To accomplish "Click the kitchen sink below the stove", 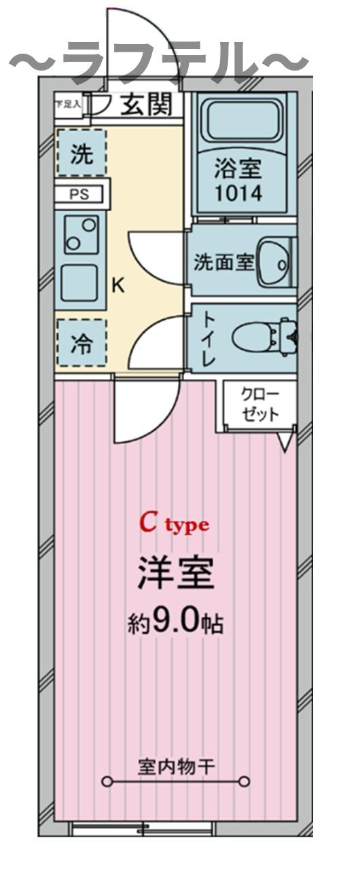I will pos(80,281).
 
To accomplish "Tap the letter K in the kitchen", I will pos(118,285).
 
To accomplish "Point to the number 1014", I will pos(238,192).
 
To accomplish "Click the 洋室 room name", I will pos(176,574).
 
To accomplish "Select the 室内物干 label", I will pos(177,767).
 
